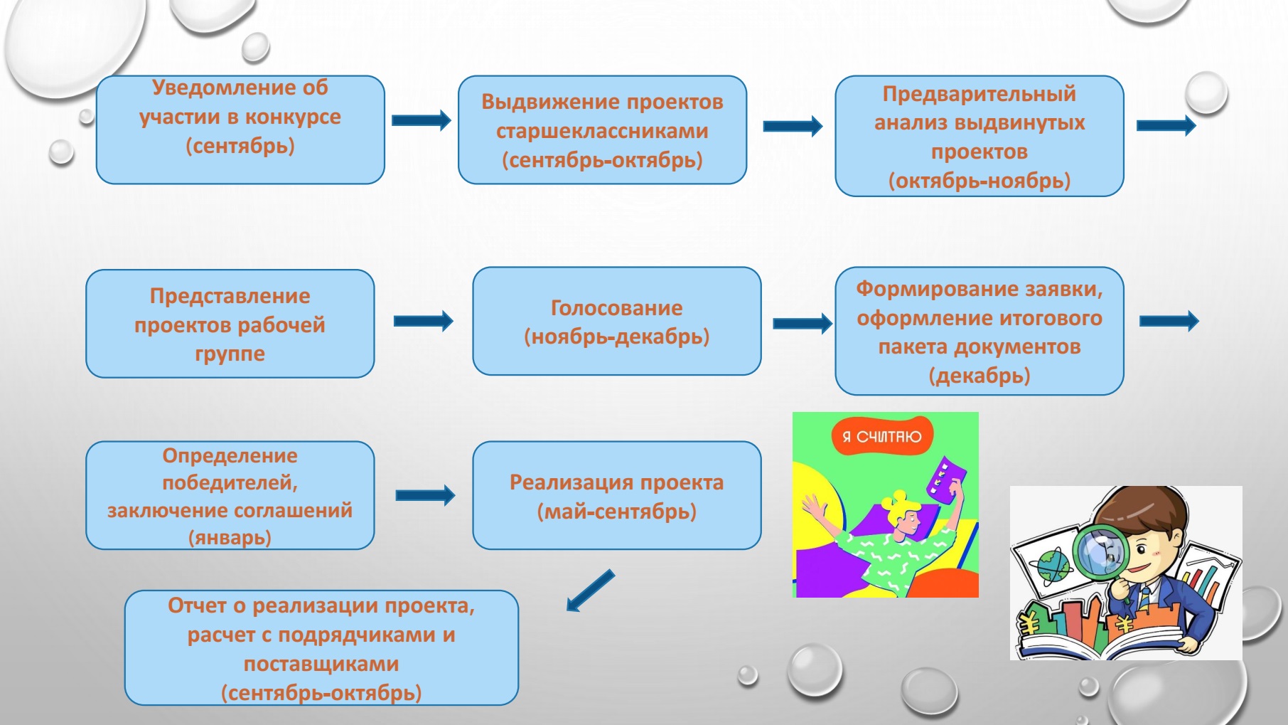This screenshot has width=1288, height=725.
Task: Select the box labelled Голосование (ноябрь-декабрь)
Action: (616, 321)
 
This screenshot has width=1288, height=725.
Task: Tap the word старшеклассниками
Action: (602, 132)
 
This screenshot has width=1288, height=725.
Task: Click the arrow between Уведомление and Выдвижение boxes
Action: (422, 120)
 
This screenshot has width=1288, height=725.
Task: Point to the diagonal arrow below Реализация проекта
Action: (590, 591)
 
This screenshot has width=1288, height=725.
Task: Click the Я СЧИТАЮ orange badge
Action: (882, 436)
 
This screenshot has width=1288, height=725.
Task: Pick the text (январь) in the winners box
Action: (230, 537)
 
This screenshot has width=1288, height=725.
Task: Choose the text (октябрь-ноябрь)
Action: (980, 181)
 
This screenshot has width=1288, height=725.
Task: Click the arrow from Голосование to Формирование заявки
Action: (803, 324)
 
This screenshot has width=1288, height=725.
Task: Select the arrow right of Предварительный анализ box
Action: (1166, 126)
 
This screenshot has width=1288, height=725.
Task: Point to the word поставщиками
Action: (321, 665)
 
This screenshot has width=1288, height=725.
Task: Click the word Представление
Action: (230, 296)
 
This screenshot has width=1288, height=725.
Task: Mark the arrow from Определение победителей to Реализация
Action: (425, 495)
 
